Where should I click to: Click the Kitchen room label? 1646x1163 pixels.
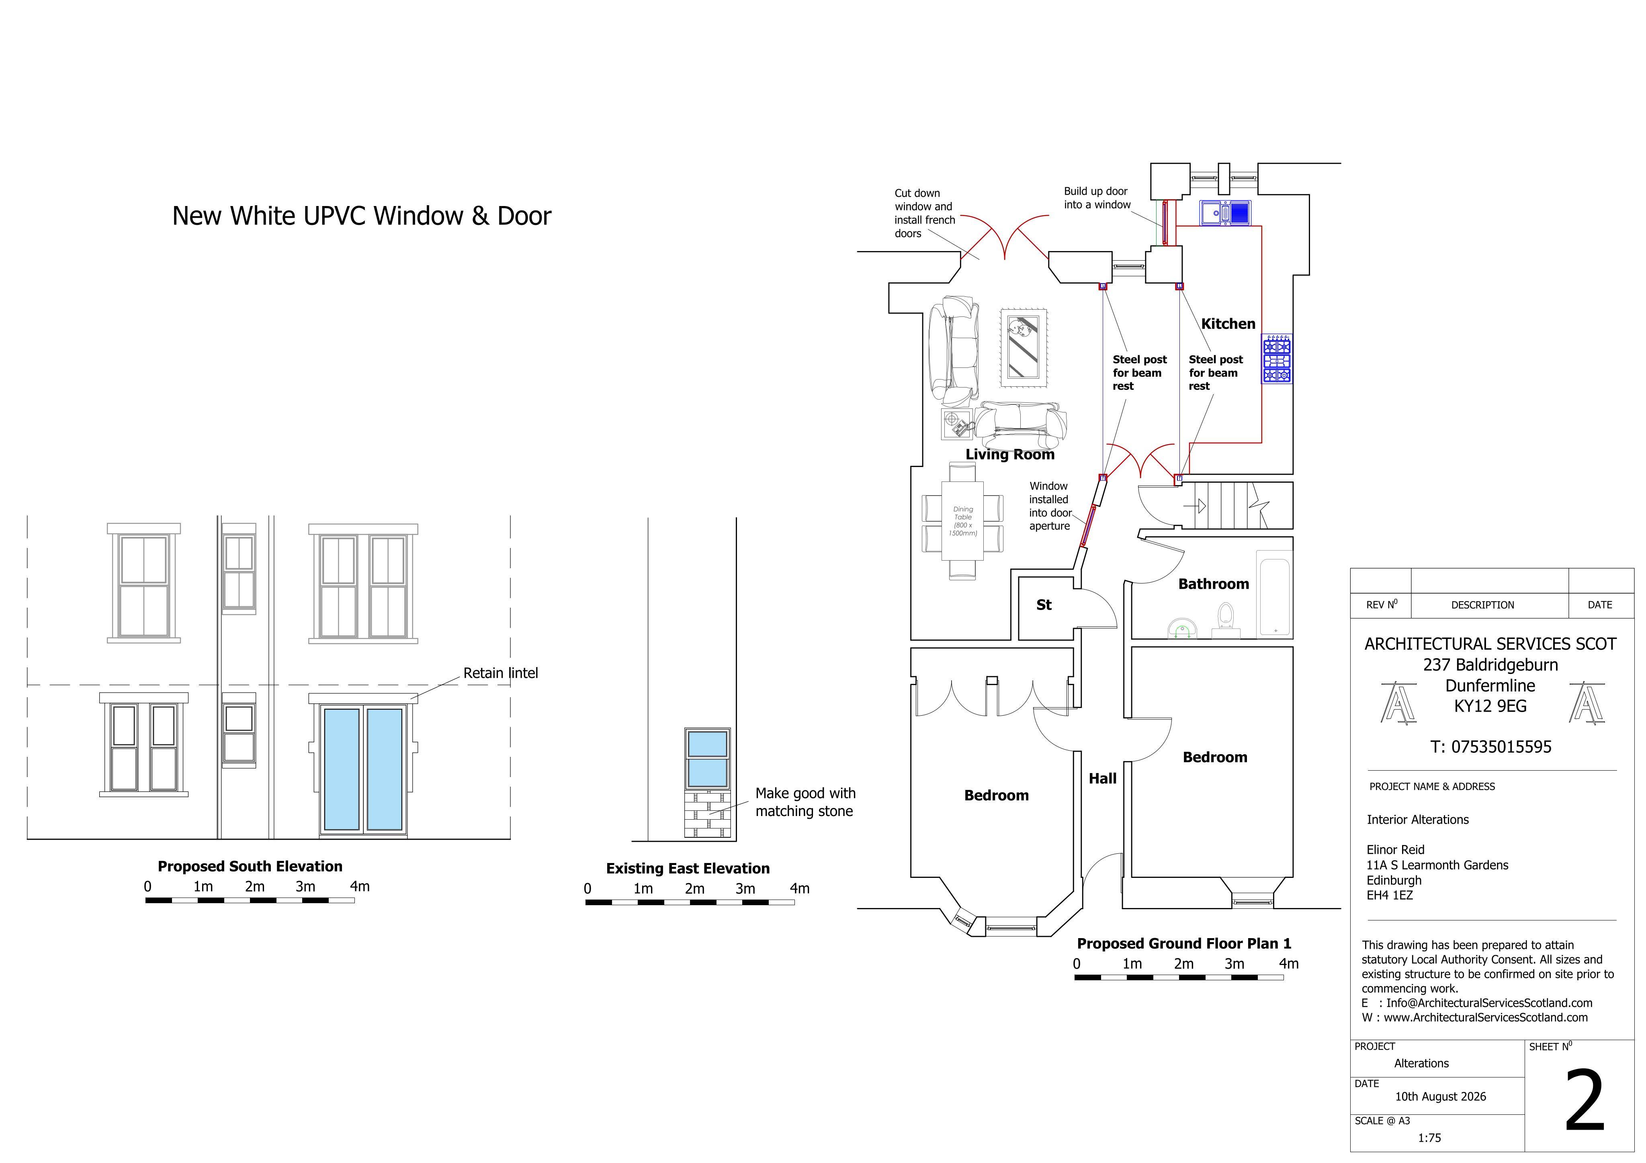coord(1228,324)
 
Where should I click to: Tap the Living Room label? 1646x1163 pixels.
coord(1009,454)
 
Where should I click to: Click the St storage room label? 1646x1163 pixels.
coord(1044,605)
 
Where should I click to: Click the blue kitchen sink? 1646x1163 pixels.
coord(1226,213)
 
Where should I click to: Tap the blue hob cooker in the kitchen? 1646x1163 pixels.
coord(1277,358)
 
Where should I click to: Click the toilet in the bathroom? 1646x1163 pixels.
coord(1226,620)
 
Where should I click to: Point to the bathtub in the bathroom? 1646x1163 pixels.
coord(1275,593)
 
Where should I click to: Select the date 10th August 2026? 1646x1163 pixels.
coord(1440,1096)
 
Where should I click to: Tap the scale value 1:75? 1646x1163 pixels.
coord(1429,1138)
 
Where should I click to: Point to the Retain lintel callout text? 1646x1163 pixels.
coord(500,673)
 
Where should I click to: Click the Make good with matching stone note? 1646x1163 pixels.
coord(805,802)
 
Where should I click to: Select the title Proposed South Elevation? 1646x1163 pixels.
coord(250,866)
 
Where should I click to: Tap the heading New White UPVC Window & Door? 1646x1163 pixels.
coord(361,216)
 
